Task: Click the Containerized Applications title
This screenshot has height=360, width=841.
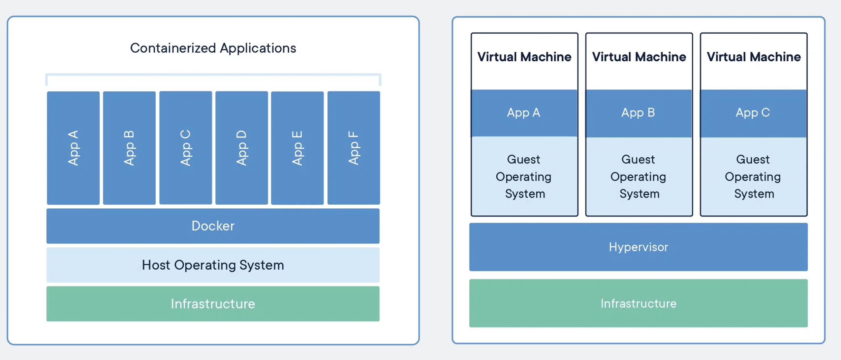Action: point(213,48)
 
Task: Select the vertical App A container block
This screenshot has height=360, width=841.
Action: point(73,148)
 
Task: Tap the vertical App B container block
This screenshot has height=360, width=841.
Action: point(129,148)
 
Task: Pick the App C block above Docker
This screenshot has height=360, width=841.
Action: point(185,148)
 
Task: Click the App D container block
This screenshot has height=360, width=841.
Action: point(242,148)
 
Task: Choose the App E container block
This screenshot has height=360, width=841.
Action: point(297,148)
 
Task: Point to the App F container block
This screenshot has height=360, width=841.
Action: point(353,148)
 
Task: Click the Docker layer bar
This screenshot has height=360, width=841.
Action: point(213,226)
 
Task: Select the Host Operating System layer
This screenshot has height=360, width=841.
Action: point(213,265)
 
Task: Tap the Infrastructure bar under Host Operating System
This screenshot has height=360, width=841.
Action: point(213,304)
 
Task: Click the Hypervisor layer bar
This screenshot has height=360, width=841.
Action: point(638,247)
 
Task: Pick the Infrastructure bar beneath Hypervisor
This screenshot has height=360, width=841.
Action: point(638,303)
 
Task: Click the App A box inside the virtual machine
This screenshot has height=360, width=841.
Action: point(524,113)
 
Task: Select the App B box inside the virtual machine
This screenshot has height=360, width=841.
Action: point(638,113)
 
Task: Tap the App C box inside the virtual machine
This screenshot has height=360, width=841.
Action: point(753,113)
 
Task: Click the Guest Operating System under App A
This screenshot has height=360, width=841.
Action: point(524,176)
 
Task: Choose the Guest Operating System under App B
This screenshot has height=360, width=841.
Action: point(638,176)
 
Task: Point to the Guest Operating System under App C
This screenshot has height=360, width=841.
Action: point(753,176)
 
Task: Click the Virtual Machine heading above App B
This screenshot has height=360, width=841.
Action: point(639,57)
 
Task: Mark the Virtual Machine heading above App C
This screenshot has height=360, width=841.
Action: point(753,57)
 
